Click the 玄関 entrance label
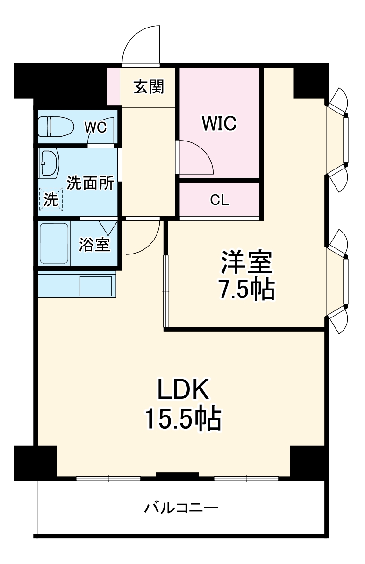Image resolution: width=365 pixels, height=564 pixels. (x=149, y=87)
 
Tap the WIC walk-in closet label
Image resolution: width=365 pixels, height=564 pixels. (x=219, y=123)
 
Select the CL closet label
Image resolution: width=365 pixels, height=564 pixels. (x=220, y=200)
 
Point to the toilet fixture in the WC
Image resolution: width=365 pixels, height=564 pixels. (x=56, y=127)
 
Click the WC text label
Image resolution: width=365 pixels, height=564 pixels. (x=95, y=127)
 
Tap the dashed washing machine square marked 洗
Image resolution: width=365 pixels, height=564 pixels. (x=51, y=199)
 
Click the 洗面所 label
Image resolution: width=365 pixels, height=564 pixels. (x=90, y=183)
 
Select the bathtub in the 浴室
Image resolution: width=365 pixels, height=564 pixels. (x=54, y=244)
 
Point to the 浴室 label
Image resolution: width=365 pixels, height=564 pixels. (x=94, y=244)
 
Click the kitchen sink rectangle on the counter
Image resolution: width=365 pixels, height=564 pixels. (x=96, y=286)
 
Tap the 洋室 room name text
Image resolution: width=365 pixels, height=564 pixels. (x=246, y=262)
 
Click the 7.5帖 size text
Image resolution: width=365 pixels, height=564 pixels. (x=246, y=289)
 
